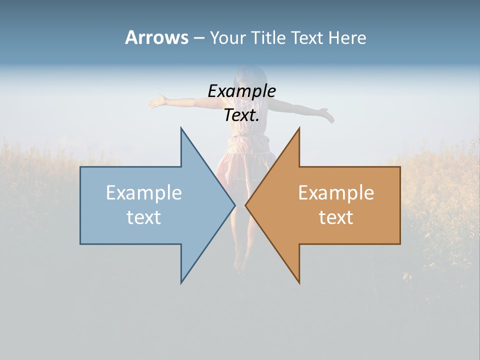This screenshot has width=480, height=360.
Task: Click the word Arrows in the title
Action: [156, 37]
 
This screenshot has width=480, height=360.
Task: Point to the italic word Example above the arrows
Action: [241, 91]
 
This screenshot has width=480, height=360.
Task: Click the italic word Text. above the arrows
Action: [241, 115]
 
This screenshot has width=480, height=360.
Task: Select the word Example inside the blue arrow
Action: [143, 193]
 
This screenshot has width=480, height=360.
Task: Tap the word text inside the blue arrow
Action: [143, 217]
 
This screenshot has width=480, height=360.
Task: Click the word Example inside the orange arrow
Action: [336, 193]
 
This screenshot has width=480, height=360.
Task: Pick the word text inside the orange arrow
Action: [336, 217]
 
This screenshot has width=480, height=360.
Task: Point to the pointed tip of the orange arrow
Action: [246, 205]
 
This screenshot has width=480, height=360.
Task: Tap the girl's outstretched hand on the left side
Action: [157, 101]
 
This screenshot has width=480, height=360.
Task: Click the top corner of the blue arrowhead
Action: [181, 128]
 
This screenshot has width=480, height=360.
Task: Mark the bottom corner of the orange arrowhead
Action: [299, 282]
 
